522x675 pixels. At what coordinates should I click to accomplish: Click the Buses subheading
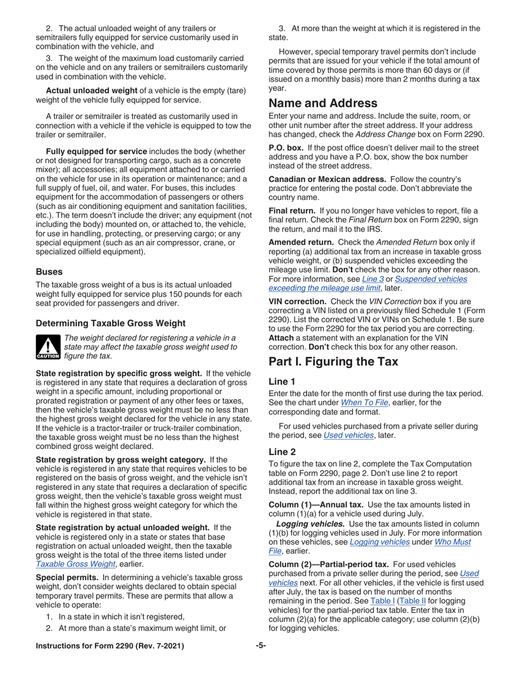[x=49, y=271]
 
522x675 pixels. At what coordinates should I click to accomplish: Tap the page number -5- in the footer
[x=261, y=661]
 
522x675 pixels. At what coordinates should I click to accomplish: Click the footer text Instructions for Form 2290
[x=110, y=661]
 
